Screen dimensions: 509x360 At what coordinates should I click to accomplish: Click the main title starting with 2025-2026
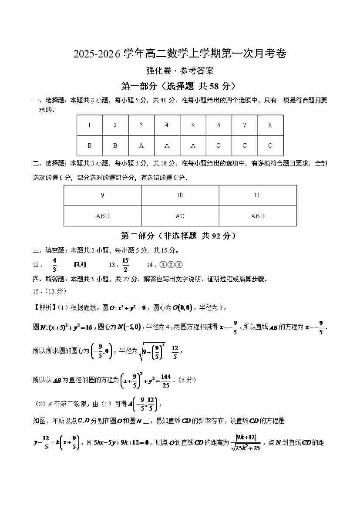tap(180, 54)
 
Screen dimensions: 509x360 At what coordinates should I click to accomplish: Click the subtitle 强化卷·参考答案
tap(180, 71)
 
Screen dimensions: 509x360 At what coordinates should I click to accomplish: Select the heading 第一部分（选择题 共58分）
tap(180, 86)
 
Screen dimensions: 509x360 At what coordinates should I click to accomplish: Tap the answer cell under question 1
tap(90, 146)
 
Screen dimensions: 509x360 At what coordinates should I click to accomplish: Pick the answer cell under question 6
tap(219, 146)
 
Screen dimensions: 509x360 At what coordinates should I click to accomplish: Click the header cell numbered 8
tap(270, 125)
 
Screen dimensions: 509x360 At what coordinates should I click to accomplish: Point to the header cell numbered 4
tap(167, 125)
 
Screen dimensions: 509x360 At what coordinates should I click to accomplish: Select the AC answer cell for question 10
tap(180, 216)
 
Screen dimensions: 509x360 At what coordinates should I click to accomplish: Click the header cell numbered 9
tap(102, 196)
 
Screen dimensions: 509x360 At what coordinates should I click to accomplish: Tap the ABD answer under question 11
tap(257, 216)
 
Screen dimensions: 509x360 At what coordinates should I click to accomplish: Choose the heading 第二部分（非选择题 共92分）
tap(180, 236)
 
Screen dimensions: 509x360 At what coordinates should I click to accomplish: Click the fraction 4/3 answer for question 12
tap(54, 265)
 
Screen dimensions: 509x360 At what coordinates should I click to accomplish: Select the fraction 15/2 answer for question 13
tap(125, 265)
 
